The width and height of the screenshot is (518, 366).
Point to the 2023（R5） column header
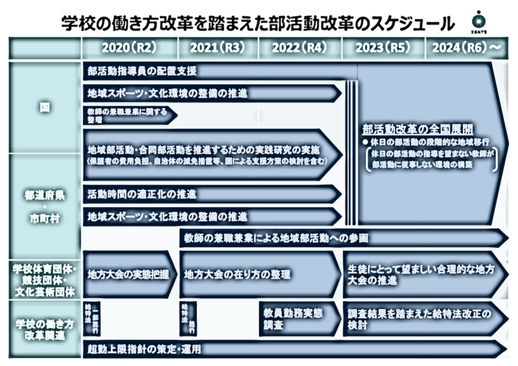click(383, 47)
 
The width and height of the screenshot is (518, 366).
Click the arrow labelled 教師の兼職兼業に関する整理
click(129, 116)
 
